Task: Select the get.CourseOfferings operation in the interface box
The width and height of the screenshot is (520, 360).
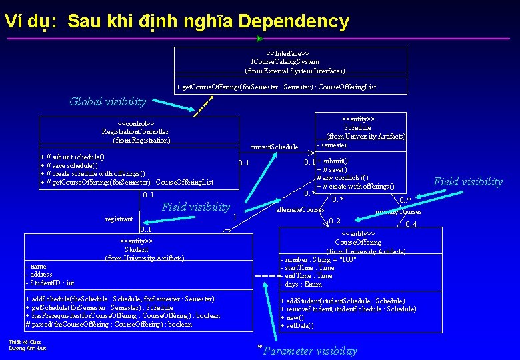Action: click(x=276, y=87)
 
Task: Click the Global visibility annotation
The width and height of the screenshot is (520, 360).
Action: click(x=107, y=102)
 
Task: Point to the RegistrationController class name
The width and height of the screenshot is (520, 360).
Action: click(x=135, y=132)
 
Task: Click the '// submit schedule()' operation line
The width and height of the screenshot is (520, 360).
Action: click(x=74, y=157)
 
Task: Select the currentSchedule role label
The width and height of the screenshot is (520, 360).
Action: click(x=274, y=147)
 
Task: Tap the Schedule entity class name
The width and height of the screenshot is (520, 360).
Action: click(x=357, y=127)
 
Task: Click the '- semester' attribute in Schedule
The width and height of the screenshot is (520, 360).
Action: click(x=333, y=145)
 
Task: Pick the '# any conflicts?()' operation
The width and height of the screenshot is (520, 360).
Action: click(x=342, y=177)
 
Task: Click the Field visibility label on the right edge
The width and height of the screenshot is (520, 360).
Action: click(x=468, y=181)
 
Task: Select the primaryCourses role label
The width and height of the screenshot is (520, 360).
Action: click(x=398, y=212)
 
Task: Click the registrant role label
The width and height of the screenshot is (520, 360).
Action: click(x=119, y=219)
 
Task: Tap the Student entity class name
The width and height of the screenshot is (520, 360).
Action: click(x=137, y=249)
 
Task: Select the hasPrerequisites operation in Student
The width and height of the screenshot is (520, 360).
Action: click(x=122, y=316)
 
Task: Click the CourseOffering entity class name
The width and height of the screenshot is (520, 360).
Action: click(x=358, y=243)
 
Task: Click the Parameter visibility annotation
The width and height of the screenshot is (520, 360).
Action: click(x=310, y=351)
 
